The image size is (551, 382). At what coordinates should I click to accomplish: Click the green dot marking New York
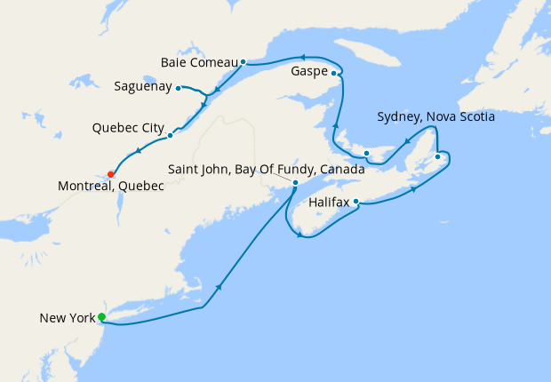click(101, 317)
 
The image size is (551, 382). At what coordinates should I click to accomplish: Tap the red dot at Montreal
click(110, 174)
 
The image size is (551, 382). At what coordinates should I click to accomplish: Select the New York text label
click(67, 318)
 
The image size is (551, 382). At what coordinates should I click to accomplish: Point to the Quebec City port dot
click(170, 136)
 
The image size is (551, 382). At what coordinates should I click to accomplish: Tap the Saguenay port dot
click(179, 88)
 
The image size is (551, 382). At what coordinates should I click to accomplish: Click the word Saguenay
click(143, 87)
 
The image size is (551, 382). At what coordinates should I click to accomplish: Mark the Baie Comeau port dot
click(243, 62)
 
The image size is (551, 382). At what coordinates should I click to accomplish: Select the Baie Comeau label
click(199, 63)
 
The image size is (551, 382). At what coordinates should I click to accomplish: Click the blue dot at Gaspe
click(334, 74)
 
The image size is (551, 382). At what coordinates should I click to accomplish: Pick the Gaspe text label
click(308, 71)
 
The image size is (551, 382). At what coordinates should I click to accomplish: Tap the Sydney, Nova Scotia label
click(435, 116)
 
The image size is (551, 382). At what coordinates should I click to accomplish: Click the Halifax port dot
click(356, 202)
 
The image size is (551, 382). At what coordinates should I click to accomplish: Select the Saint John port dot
click(295, 184)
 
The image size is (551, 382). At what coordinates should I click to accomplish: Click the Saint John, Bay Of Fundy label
click(267, 169)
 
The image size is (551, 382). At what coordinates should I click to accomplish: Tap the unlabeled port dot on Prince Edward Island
click(366, 154)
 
